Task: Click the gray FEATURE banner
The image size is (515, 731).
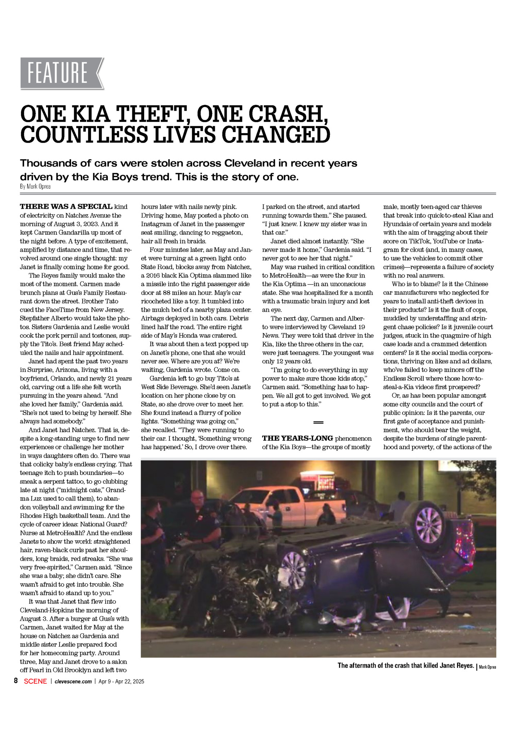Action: click(62, 73)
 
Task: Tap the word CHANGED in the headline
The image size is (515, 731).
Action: click(276, 134)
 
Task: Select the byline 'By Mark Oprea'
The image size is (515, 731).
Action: click(35, 187)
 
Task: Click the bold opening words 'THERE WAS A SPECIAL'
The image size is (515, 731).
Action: click(66, 207)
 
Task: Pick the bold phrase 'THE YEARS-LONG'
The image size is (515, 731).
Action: click(297, 439)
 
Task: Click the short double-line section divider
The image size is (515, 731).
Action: click(318, 422)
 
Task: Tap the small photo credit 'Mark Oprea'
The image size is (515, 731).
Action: click(487, 667)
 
